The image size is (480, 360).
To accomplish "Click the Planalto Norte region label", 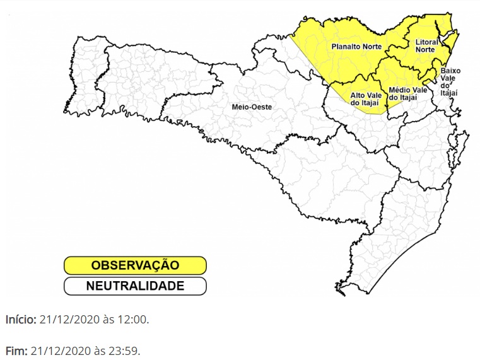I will pyautogui.click(x=356, y=47).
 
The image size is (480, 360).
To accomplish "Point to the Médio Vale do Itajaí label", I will pyautogui.click(x=407, y=94).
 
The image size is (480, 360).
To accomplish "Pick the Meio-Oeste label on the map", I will pyautogui.click(x=252, y=107).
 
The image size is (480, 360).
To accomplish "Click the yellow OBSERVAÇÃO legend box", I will pyautogui.click(x=135, y=265).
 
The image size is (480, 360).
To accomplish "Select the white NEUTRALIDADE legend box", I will pyautogui.click(x=135, y=286).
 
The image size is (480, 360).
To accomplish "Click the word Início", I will pyautogui.click(x=21, y=320).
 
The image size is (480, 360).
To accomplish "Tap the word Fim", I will pyautogui.click(x=16, y=351).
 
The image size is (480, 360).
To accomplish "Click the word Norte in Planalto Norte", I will pyautogui.click(x=371, y=47).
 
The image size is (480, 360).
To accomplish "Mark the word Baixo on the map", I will pyautogui.click(x=450, y=71).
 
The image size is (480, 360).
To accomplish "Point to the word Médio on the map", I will pyautogui.click(x=400, y=90).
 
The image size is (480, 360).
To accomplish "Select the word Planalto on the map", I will pyautogui.click(x=345, y=47).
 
